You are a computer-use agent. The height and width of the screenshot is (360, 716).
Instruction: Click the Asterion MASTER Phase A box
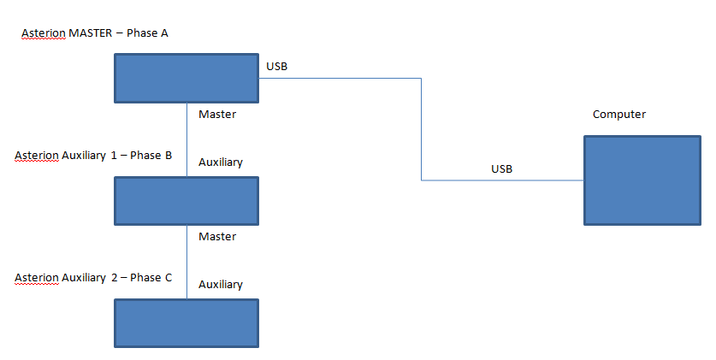(x=186, y=79)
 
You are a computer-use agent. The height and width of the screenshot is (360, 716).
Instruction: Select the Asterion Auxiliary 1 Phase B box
(x=186, y=200)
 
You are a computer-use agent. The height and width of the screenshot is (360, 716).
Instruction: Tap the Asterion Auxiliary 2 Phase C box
(x=186, y=322)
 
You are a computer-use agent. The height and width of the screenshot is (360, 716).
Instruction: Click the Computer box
(x=642, y=180)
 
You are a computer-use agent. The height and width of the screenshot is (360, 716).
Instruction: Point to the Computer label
(x=619, y=114)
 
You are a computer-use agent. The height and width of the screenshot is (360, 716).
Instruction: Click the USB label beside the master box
(x=277, y=66)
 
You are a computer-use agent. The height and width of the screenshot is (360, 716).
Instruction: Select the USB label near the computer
(x=501, y=168)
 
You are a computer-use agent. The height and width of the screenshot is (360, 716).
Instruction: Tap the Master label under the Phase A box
(x=217, y=114)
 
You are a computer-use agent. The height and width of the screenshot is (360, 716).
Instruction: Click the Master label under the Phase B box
(x=217, y=236)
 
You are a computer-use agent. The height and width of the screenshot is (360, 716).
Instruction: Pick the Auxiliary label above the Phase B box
(x=221, y=162)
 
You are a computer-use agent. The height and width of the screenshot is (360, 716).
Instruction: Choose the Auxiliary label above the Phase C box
(x=221, y=284)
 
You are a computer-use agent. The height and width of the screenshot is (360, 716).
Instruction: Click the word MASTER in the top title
(x=91, y=32)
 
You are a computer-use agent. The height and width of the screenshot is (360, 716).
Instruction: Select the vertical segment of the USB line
(x=421, y=128)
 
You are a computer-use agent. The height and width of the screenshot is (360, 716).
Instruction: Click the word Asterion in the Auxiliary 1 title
(x=37, y=156)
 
